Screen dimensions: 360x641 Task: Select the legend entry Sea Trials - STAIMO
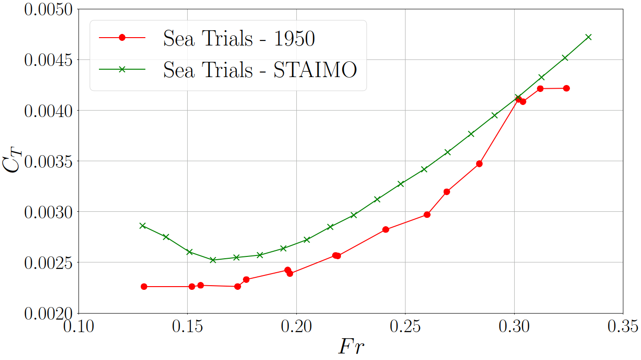point(260,70)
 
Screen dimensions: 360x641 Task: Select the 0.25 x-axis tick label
point(405,326)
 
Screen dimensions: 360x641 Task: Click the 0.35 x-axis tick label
point(623,326)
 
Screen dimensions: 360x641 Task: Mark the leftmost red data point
point(144,287)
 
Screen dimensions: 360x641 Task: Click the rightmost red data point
point(566,88)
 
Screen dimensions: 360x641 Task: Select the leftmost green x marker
point(143,226)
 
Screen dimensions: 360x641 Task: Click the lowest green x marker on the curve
point(213,260)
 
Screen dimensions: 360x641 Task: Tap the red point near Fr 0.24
point(386,229)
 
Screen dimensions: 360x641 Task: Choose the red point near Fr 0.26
point(427,215)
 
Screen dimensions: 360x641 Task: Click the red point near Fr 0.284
point(479,164)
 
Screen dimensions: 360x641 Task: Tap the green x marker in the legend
point(122,69)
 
